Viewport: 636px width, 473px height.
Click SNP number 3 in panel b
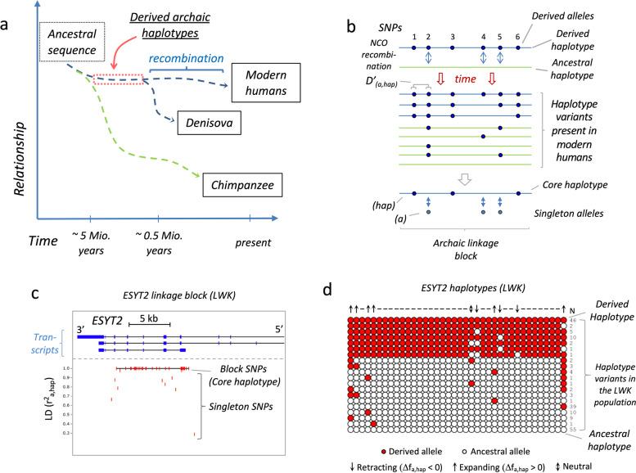[451, 38]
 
